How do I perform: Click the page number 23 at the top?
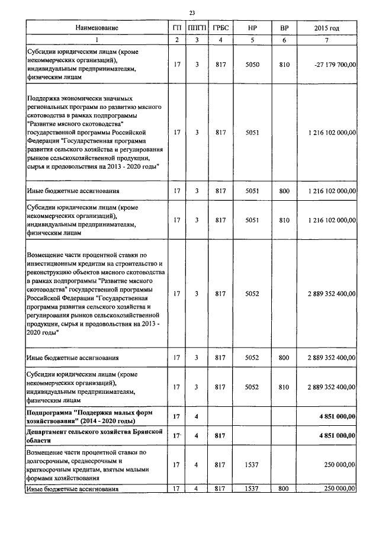[192, 13]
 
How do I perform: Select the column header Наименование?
[97, 28]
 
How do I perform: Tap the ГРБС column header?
[220, 28]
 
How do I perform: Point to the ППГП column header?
[196, 28]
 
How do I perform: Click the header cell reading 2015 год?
[327, 28]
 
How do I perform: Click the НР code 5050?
[252, 64]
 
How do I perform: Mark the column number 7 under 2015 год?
[327, 40]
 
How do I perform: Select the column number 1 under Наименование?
[97, 40]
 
